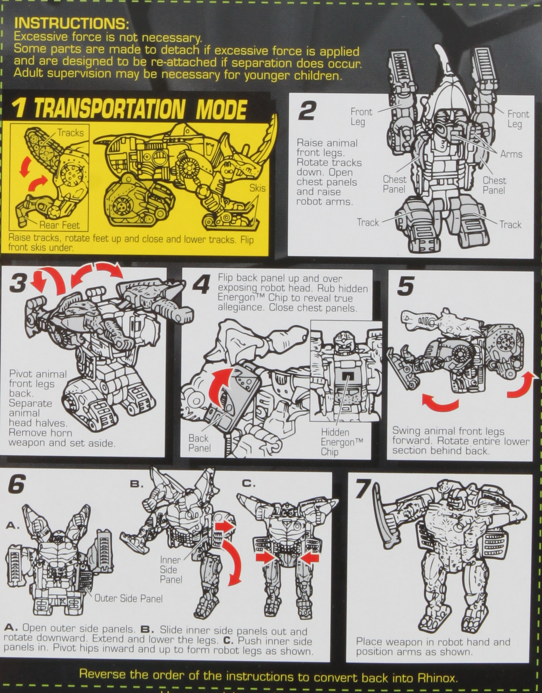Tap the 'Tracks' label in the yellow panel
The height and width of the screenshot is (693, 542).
coord(70,133)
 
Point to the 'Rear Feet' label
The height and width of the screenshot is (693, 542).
coord(59,225)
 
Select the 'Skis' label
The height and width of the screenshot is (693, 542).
coord(257,188)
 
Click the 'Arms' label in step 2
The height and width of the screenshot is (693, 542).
coord(511,154)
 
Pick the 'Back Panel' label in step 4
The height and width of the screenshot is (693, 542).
coord(199,443)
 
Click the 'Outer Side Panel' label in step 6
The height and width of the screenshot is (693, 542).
coord(128,598)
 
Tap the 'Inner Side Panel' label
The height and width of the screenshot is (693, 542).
coord(171,569)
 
